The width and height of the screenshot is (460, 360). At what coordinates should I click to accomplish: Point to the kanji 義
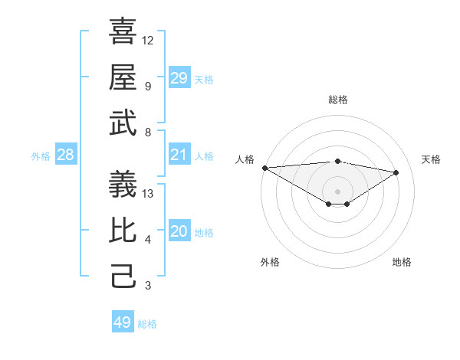(x=123, y=184)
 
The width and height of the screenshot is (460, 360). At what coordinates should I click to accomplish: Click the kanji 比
(x=123, y=230)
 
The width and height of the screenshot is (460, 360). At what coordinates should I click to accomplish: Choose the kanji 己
(x=123, y=276)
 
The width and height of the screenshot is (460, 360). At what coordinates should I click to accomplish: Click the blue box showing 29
(x=179, y=78)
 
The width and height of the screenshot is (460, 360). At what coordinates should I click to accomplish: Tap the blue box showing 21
(x=179, y=155)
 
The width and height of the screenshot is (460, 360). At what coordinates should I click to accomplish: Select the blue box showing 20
(x=179, y=232)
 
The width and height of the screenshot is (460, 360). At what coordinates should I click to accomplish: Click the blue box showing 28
(x=66, y=155)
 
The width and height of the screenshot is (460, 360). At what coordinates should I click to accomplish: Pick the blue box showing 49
(x=123, y=322)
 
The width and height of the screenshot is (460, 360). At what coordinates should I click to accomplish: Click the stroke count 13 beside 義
(x=148, y=194)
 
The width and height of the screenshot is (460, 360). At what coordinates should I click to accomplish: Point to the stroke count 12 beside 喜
(x=148, y=40)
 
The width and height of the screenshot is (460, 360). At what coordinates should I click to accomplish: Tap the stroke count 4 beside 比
(x=148, y=240)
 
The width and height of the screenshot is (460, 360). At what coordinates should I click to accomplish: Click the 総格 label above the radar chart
(x=337, y=100)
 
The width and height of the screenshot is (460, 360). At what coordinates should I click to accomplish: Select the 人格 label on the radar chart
(x=245, y=159)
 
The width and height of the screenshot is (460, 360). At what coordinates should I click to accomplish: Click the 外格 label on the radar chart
(x=270, y=262)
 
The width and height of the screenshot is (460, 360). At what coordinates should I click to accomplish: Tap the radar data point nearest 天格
(x=396, y=172)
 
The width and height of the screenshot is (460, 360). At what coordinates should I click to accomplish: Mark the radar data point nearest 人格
(x=264, y=168)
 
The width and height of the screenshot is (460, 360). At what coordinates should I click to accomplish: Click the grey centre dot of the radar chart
(x=337, y=191)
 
